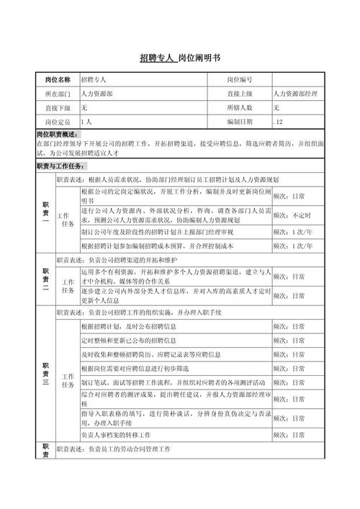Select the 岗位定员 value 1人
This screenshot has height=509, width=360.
(x=87, y=121)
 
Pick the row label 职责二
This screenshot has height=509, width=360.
(x=45, y=279)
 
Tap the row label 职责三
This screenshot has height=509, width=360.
(x=45, y=376)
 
